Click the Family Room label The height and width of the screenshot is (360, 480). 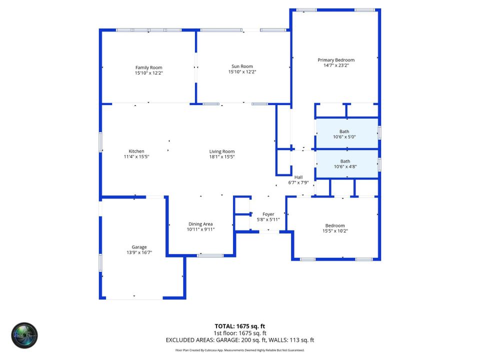148,67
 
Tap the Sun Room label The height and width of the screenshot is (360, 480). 242,66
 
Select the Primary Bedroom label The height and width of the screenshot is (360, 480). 336,60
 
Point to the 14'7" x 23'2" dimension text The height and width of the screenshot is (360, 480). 336,65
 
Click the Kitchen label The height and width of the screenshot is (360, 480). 136,151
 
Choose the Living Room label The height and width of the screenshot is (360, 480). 222,151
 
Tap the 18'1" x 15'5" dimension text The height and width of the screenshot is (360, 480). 222,157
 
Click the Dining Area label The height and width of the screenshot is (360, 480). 200,224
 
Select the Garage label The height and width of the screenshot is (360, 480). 139,247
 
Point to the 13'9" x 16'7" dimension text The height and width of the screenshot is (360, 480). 139,253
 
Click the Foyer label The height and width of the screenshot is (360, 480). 268,214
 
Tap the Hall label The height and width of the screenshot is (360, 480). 298,177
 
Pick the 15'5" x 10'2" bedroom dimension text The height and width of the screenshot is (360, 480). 335,231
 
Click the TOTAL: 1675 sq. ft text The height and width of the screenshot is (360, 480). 239,325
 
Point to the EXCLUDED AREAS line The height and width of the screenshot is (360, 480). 239,340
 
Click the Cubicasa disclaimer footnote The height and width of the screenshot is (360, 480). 239,350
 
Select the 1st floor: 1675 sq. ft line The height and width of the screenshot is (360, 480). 239,333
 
